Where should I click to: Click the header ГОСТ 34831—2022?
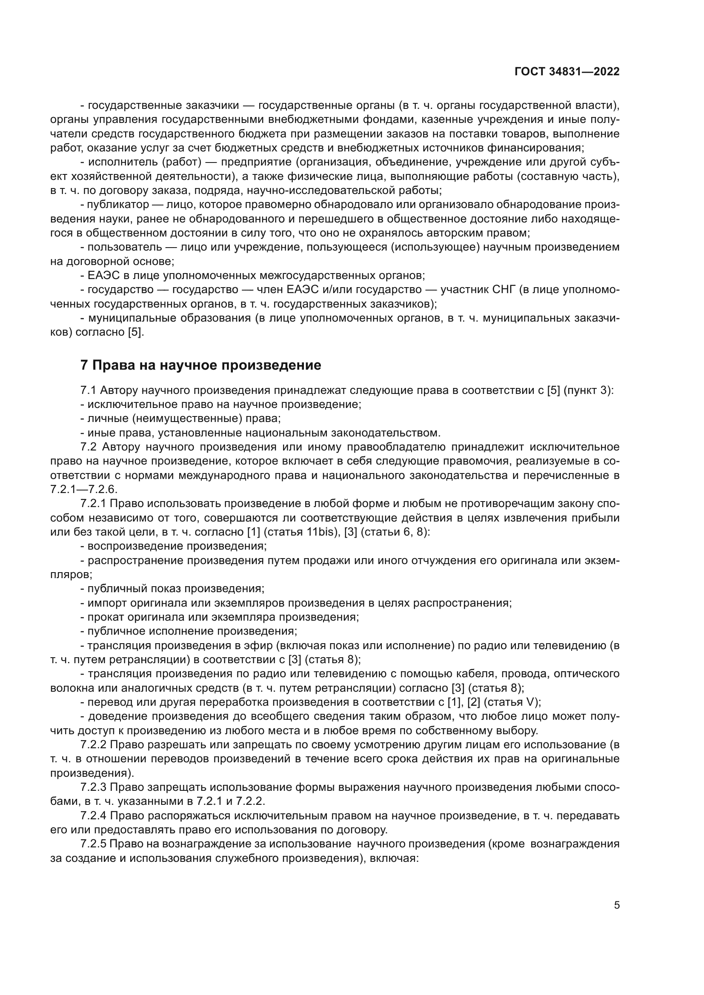click(567, 72)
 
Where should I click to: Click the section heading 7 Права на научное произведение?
click(201, 365)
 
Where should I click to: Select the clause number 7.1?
click(88, 391)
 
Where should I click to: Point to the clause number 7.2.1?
click(94, 504)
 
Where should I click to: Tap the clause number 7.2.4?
click(94, 815)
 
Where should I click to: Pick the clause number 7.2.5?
click(94, 844)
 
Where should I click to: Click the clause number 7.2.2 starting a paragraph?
click(94, 744)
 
